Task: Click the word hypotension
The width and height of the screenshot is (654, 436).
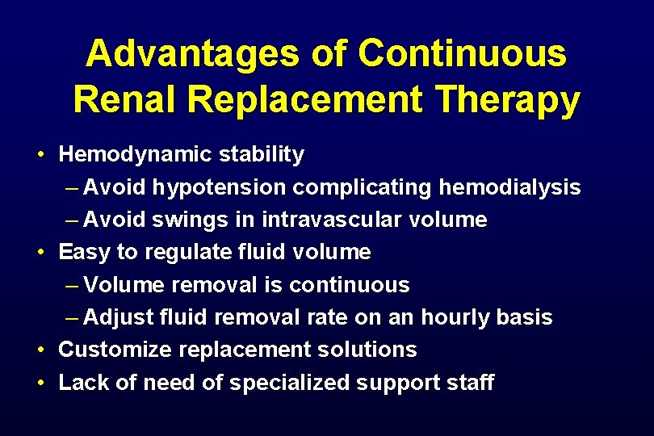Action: click(220, 187)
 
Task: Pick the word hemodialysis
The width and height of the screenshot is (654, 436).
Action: click(509, 187)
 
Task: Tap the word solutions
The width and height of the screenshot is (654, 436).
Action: click(371, 350)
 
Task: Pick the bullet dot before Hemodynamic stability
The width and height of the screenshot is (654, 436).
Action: click(39, 154)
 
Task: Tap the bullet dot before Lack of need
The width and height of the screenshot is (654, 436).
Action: click(39, 383)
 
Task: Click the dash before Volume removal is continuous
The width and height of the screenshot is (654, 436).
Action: click(71, 285)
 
